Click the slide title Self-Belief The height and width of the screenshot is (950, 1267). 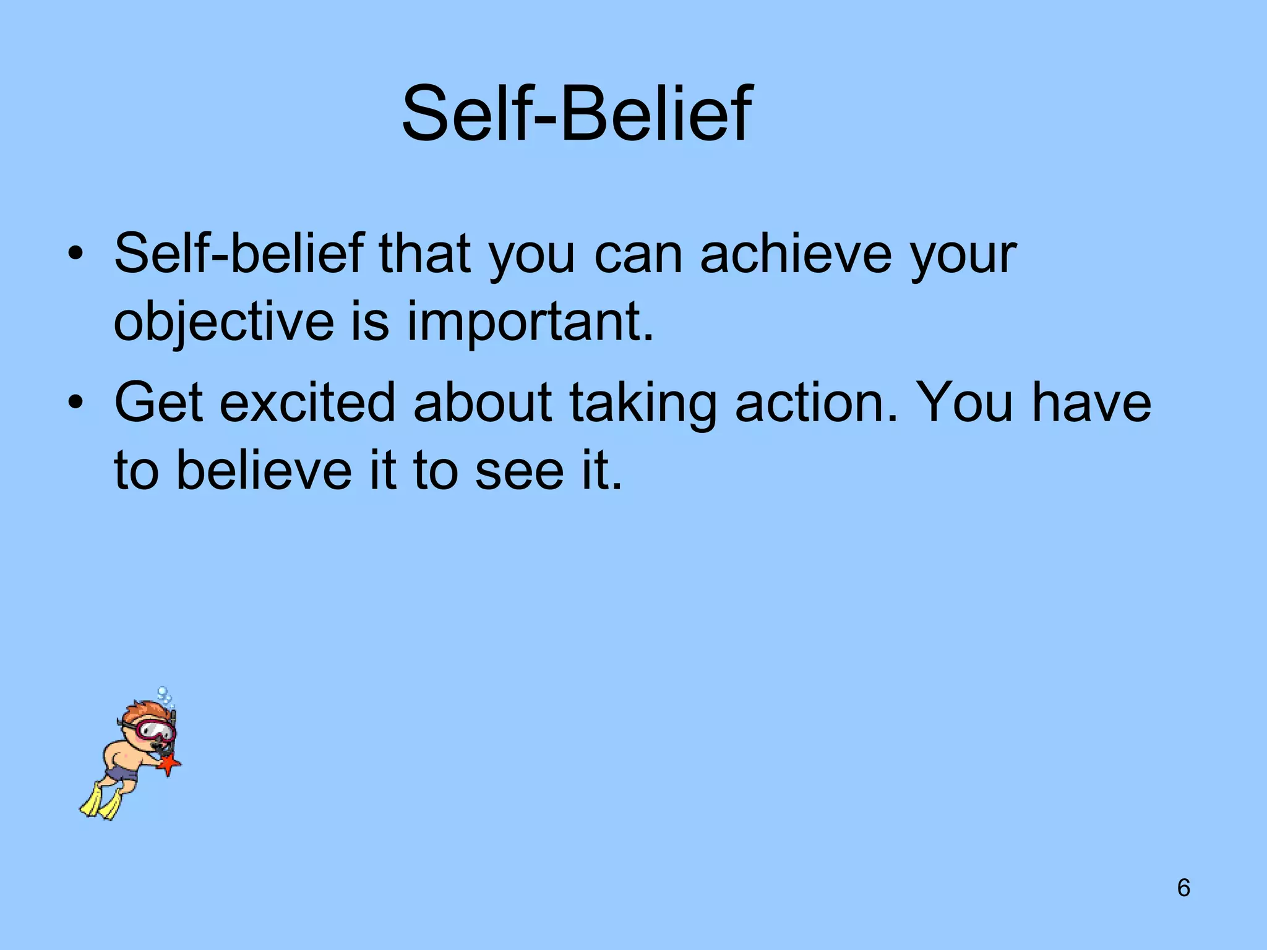click(577, 114)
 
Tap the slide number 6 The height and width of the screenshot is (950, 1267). click(1183, 888)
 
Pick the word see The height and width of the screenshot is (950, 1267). click(520, 471)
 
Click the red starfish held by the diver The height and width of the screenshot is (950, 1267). click(169, 764)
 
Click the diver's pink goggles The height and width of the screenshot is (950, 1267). click(155, 730)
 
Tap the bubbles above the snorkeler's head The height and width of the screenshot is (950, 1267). click(165, 696)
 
